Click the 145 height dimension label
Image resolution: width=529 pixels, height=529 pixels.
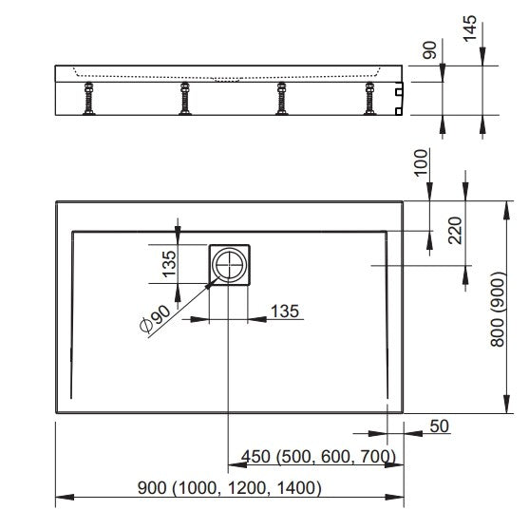pos(470,28)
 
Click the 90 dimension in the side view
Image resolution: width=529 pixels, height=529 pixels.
pos(429,50)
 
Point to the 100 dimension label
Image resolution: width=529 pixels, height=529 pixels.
pos(422,162)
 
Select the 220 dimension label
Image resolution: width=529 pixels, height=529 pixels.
pos(456,231)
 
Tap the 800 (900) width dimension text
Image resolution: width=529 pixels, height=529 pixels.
pos(498,309)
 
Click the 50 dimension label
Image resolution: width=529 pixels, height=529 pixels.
pos(440,426)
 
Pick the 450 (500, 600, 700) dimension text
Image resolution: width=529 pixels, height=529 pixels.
pos(318,457)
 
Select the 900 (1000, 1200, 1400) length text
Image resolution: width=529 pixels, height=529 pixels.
pos(230,488)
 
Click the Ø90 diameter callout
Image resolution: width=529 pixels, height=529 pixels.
pos(156,319)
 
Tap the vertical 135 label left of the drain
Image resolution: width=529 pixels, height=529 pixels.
pos(170,264)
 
